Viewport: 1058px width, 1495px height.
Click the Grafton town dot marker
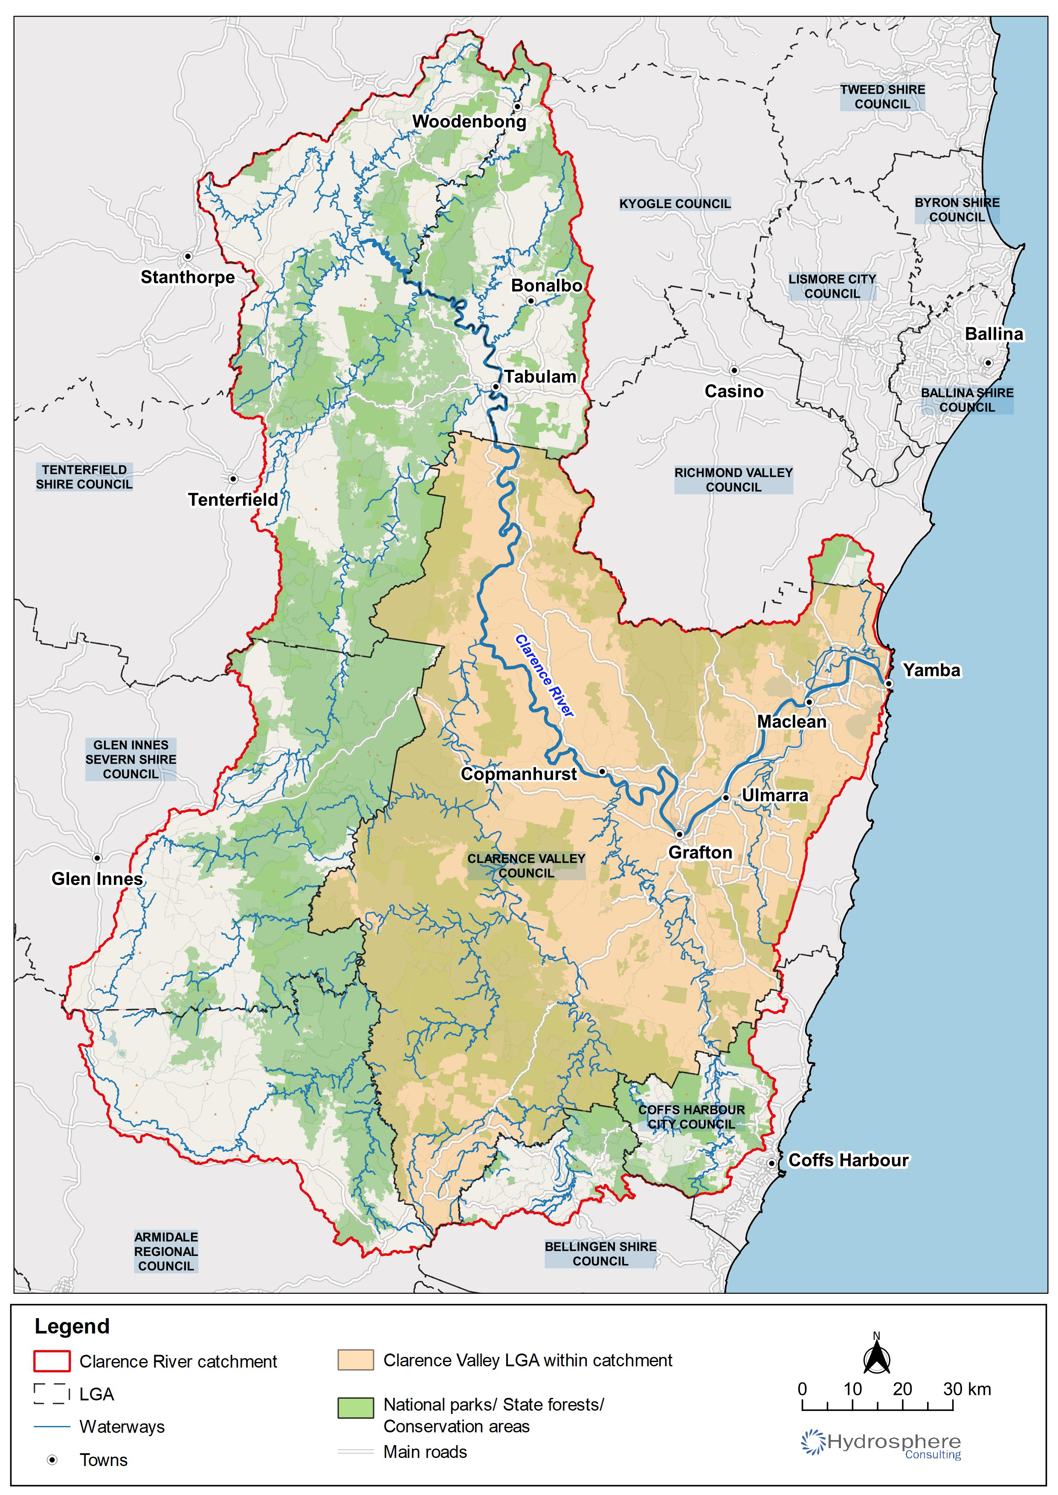[679, 834]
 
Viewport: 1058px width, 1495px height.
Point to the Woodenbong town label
[469, 122]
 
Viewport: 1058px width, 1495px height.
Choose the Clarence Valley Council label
[526, 866]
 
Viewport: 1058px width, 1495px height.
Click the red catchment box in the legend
[52, 1361]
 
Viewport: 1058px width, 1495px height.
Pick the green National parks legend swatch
[355, 1407]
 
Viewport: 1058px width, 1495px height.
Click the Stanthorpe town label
[188, 277]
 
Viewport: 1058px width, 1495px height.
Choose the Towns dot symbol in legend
[52, 1460]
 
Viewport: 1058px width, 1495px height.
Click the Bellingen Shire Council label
[600, 1253]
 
